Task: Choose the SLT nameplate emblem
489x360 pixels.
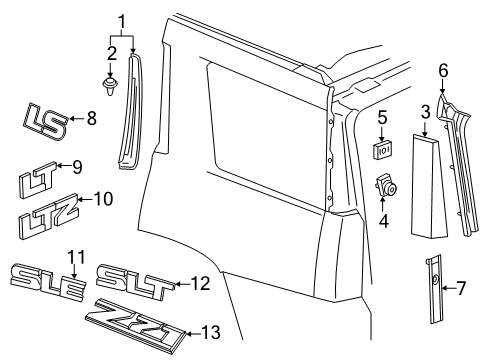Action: tap(135, 282)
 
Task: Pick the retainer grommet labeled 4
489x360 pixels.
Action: tap(383, 187)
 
